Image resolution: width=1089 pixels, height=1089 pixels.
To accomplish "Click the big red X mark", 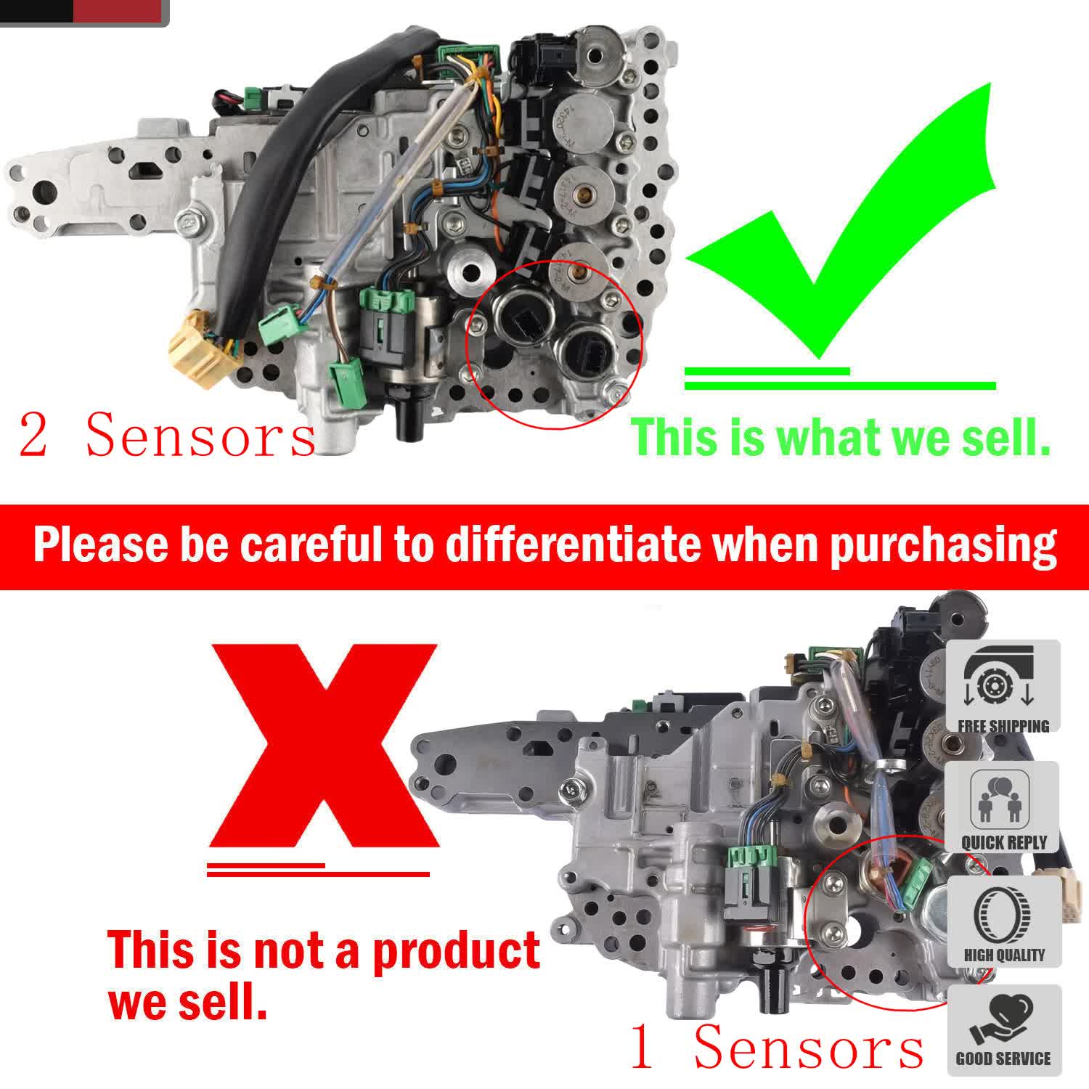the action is [x=324, y=748].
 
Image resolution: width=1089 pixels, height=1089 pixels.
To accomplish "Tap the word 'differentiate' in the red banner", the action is [x=573, y=546].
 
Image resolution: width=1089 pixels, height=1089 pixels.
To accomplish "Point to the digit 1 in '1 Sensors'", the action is [x=642, y=1047].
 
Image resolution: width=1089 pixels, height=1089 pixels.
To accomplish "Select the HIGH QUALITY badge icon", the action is [x=1003, y=921].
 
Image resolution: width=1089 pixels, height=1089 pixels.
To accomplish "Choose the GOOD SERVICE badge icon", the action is [x=1003, y=1029].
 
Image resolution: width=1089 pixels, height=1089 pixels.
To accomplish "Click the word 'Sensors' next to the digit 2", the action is [x=200, y=436].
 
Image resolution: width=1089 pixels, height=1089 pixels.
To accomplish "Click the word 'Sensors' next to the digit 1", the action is [x=809, y=1047].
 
